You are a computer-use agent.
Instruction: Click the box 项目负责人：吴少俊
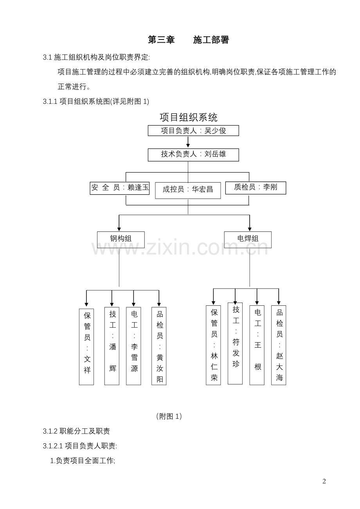click(x=193, y=131)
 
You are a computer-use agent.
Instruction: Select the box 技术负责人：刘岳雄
click(x=193, y=154)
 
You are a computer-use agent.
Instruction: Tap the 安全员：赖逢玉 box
click(x=120, y=188)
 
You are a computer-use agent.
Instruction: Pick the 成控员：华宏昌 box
click(x=188, y=190)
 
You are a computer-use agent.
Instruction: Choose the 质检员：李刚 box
click(x=256, y=187)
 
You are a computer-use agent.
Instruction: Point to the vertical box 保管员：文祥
click(x=86, y=346)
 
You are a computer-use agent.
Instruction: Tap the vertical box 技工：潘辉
click(x=112, y=346)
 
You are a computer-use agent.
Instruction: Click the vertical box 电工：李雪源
click(x=134, y=346)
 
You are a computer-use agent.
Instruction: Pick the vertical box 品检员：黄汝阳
click(x=159, y=346)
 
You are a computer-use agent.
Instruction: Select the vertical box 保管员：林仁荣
click(x=213, y=345)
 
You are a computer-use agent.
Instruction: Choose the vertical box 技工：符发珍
click(x=235, y=343)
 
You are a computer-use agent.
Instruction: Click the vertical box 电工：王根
click(x=257, y=345)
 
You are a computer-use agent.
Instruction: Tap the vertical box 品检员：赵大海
click(x=279, y=345)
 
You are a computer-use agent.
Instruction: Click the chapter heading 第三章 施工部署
click(x=188, y=40)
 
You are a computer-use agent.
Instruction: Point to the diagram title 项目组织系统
click(x=188, y=117)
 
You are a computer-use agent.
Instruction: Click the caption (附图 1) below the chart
click(x=169, y=416)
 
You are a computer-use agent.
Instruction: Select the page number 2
click(x=324, y=481)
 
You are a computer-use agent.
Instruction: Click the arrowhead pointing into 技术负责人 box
click(x=188, y=145)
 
